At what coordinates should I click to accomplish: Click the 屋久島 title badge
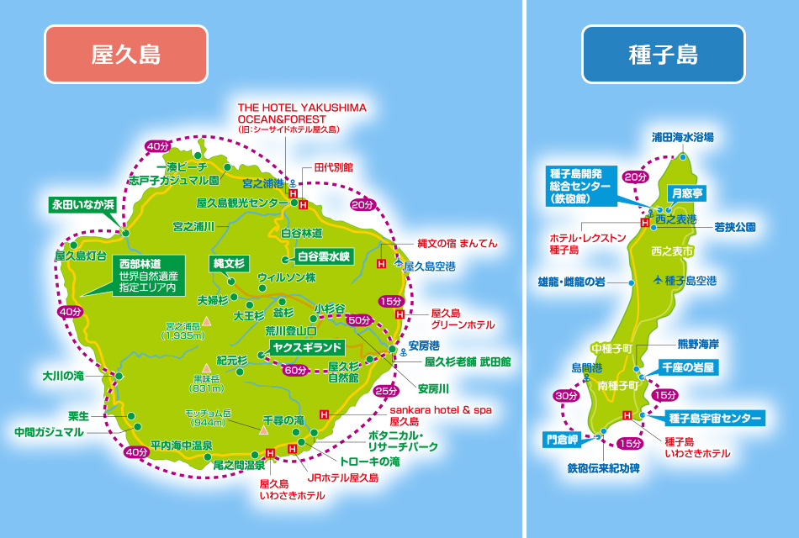pyautogui.click(x=125, y=55)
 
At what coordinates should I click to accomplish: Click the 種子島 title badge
pyautogui.click(x=663, y=55)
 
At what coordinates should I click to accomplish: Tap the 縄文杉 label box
pyautogui.click(x=228, y=264)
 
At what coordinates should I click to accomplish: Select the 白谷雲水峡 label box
pyautogui.click(x=322, y=256)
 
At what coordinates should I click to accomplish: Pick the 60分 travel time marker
pyautogui.click(x=294, y=370)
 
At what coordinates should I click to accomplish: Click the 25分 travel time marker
pyautogui.click(x=384, y=391)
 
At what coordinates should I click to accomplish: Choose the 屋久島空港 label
pyautogui.click(x=430, y=266)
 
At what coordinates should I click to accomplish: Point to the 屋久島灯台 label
pyautogui.click(x=81, y=255)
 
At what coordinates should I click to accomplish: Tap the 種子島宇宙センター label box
pyautogui.click(x=715, y=418)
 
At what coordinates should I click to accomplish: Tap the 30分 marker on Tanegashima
pyautogui.click(x=564, y=396)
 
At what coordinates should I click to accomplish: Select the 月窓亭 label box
pyautogui.click(x=686, y=193)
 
